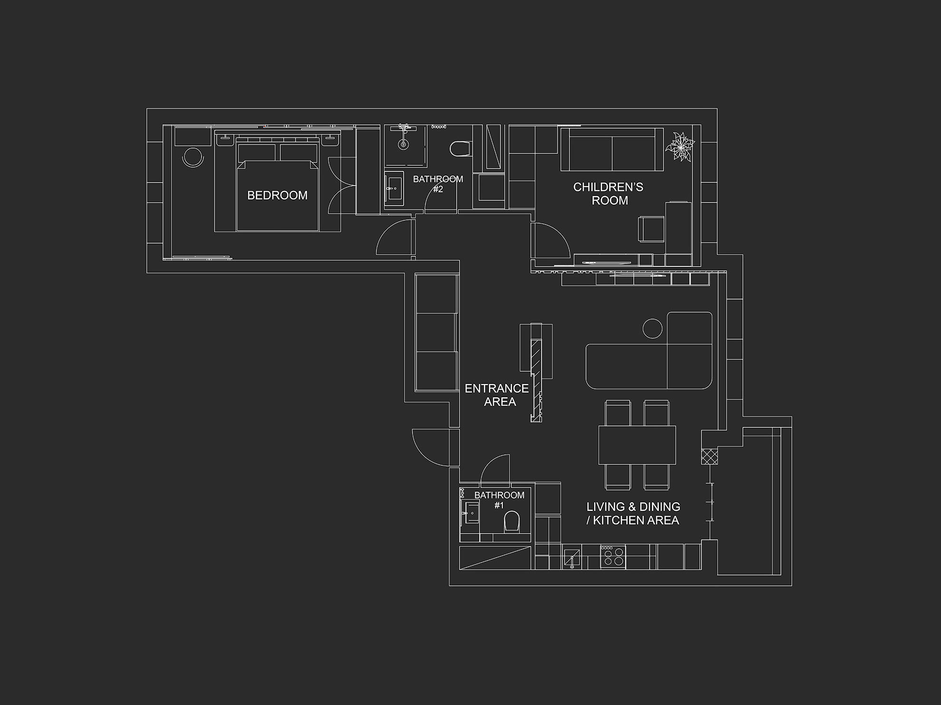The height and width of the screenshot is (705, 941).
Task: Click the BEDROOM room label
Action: (277, 195)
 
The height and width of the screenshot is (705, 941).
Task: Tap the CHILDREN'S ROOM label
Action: (608, 194)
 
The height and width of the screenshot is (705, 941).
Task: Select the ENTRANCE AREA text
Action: (497, 395)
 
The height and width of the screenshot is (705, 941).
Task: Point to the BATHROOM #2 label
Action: (438, 184)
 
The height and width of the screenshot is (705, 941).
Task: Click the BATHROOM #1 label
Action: (499, 500)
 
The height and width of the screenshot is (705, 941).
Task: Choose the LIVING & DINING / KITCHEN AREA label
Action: (633, 514)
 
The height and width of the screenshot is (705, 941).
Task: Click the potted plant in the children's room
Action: (680, 147)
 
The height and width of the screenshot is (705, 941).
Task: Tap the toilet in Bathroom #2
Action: (460, 149)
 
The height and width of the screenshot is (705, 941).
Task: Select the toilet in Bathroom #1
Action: (512, 521)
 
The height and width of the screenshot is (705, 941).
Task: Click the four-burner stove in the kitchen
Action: (613, 557)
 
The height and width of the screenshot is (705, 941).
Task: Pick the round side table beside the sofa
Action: (653, 328)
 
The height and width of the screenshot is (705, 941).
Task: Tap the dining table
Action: (637, 445)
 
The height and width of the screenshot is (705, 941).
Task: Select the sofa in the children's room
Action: (612, 149)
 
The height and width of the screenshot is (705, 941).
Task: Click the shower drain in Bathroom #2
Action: (403, 144)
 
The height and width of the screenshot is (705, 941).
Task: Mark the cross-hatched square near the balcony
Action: (710, 457)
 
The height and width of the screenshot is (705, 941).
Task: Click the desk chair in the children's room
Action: (652, 229)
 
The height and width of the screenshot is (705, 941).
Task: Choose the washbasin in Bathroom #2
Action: (394, 188)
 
